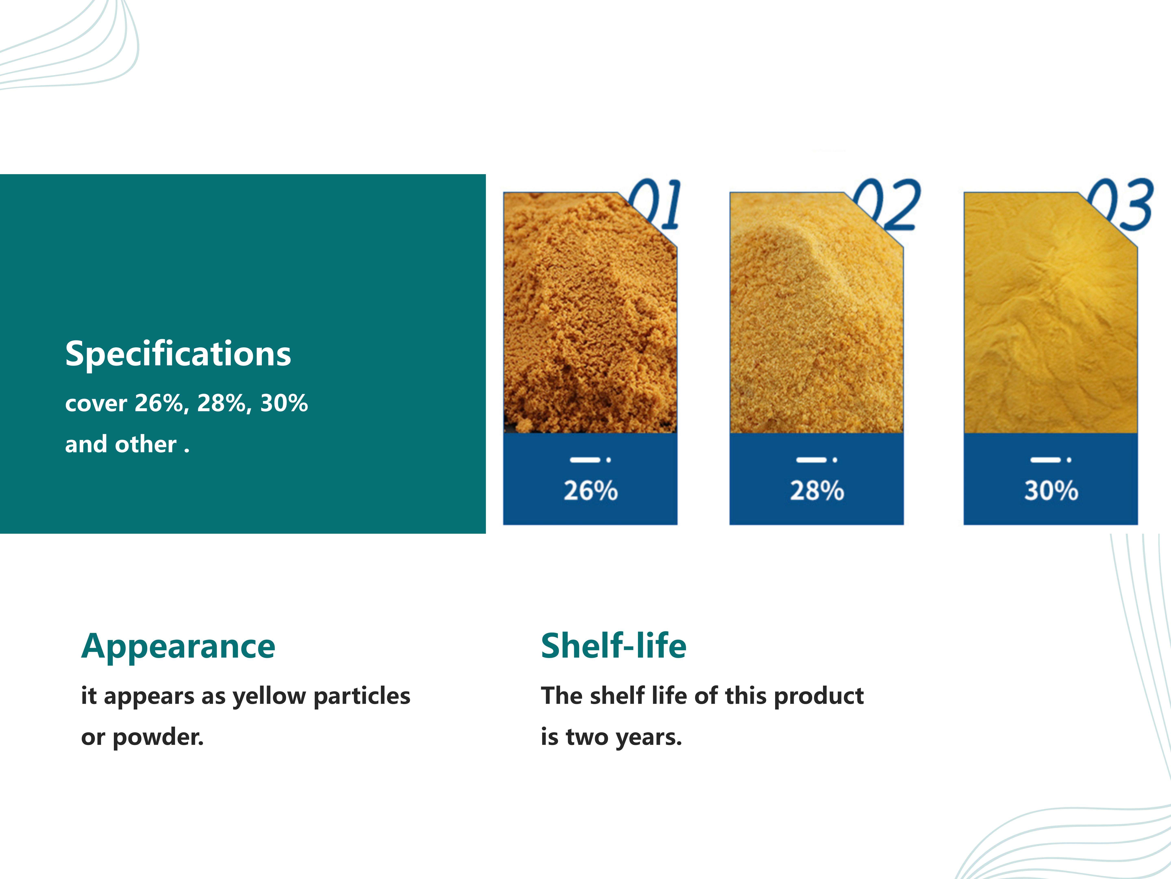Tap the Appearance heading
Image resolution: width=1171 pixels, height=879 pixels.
178,647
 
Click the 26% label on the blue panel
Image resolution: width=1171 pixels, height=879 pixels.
590,491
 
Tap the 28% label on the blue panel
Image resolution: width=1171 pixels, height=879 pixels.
817,491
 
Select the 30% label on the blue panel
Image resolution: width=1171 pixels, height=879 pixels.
1051,491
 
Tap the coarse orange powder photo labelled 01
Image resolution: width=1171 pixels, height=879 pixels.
590,313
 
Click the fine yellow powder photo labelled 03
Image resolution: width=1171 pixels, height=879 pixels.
1050,313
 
